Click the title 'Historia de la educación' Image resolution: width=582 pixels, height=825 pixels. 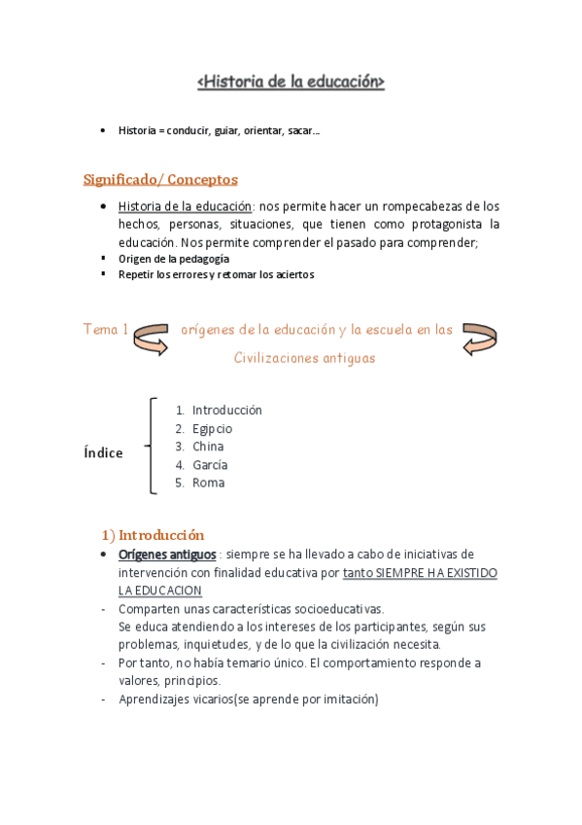click(x=291, y=83)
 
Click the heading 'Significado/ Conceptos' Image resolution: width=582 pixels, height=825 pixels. click(x=160, y=179)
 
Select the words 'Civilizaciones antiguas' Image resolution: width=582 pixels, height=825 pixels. click(x=304, y=358)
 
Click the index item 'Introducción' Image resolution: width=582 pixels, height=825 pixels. click(x=226, y=410)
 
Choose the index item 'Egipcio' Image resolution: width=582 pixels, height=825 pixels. click(x=212, y=428)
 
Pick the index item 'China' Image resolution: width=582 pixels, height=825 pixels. click(x=208, y=447)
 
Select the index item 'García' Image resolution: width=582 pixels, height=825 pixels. click(x=210, y=465)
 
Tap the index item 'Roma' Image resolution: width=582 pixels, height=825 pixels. click(x=208, y=483)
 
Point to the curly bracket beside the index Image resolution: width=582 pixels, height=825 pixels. click(x=151, y=446)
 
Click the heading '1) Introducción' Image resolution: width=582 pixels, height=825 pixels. click(x=154, y=534)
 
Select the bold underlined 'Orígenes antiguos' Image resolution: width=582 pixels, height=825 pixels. click(x=167, y=554)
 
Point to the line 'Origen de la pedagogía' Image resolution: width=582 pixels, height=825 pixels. click(x=173, y=259)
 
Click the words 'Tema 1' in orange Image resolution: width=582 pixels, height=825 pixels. click(x=105, y=330)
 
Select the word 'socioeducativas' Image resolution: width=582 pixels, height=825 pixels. click(x=336, y=609)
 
